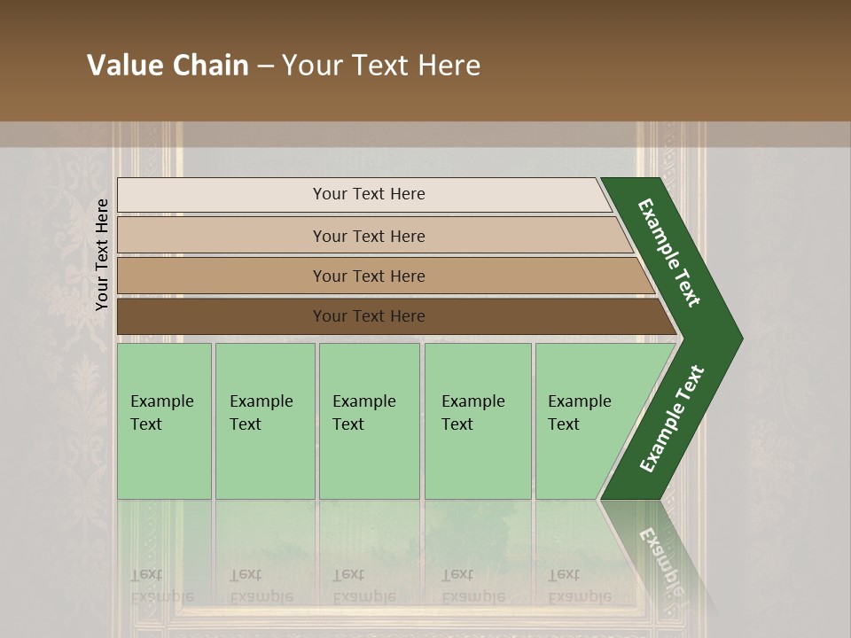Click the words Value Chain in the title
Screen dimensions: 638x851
[x=168, y=66]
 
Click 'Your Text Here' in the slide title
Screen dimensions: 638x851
[x=381, y=66]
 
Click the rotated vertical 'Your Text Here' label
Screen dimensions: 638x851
[x=102, y=254]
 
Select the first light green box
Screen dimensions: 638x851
[x=164, y=461]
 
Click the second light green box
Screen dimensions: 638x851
[x=265, y=461]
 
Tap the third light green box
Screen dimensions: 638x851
[x=369, y=461]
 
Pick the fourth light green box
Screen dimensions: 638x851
[x=478, y=461]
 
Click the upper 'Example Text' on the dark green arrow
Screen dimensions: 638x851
[x=669, y=253]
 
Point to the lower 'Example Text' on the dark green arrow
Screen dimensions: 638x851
[x=671, y=419]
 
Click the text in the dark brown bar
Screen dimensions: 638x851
[x=369, y=316]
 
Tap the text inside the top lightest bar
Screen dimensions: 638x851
[x=369, y=194]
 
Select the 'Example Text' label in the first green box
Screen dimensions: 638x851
[x=161, y=412]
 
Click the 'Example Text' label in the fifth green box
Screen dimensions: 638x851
[x=579, y=412]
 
